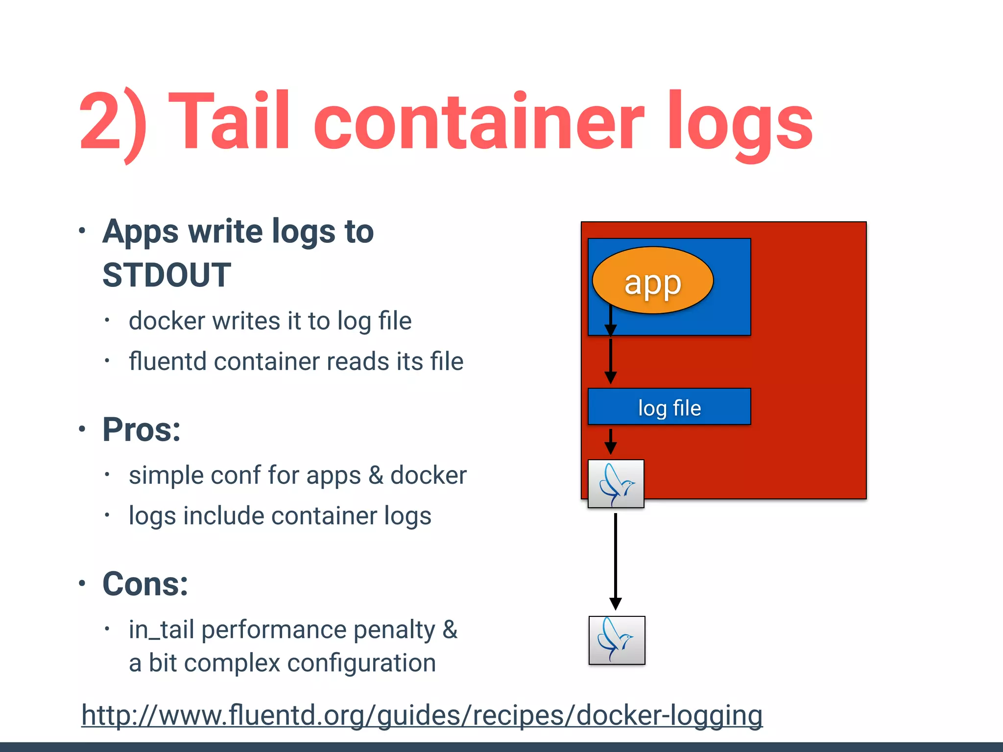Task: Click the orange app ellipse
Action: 652,281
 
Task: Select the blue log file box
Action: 669,406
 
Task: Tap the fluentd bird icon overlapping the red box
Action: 616,484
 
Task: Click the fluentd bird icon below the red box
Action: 617,640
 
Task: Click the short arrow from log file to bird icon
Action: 610,441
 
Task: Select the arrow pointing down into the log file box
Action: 610,360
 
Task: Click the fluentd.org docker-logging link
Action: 422,715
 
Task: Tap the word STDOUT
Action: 167,275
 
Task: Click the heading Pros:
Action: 142,429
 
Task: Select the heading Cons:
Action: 145,584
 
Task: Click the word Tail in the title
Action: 230,120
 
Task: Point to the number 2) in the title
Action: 113,122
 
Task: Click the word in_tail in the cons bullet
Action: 162,630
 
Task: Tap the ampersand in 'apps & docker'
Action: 376,475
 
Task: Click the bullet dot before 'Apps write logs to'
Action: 82,231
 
